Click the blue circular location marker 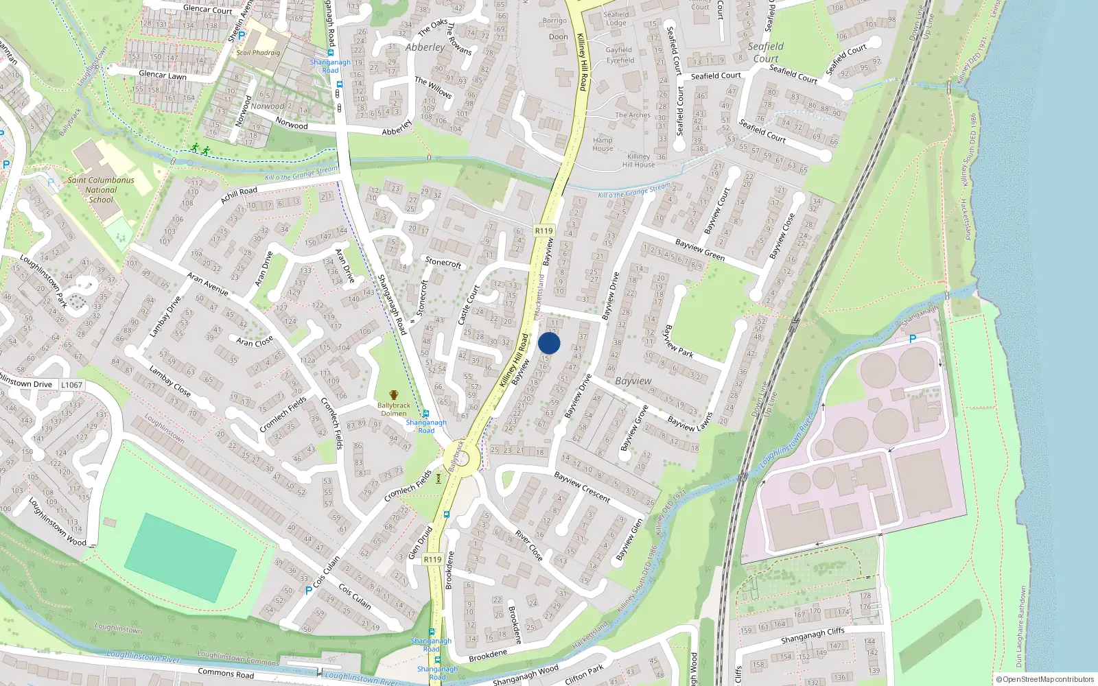point(549,344)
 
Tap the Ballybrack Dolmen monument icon point(394,395)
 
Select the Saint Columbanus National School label point(101,190)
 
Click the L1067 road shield point(71,385)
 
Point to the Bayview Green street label point(700,250)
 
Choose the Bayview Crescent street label point(582,487)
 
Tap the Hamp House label point(603,144)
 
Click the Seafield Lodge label point(616,19)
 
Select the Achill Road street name point(239,195)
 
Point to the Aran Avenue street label point(207,284)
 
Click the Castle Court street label point(468,305)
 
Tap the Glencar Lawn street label point(163,75)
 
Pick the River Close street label point(529,545)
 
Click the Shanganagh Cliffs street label point(813,637)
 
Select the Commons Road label point(226,674)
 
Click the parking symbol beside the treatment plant point(912,339)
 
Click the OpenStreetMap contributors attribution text point(1045,679)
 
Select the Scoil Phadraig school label point(258,52)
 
